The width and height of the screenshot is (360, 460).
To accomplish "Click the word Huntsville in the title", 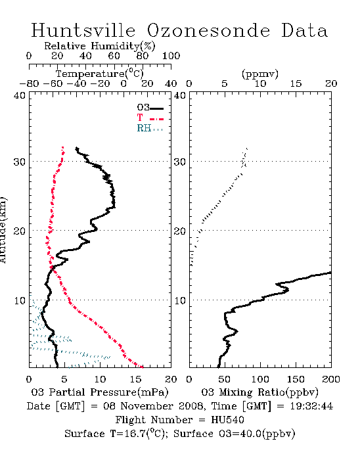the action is (83, 30).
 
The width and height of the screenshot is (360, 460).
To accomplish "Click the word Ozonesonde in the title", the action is (208, 30).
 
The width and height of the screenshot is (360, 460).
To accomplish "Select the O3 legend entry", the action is (150, 108).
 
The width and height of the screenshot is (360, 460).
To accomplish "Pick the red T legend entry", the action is (150, 118).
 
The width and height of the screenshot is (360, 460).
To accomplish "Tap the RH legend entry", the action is (150, 128).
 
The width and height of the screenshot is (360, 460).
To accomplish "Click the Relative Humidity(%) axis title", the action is (100, 46).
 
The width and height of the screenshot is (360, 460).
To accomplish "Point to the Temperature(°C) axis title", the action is (100, 74).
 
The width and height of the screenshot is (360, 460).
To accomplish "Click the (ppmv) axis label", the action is (260, 74).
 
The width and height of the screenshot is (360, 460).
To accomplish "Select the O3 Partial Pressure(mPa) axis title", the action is (100, 392).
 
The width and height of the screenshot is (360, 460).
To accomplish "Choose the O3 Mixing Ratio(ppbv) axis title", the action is (259, 392).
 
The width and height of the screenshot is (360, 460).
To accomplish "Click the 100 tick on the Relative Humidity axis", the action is (171, 56).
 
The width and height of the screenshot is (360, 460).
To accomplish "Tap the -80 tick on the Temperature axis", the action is (29, 83).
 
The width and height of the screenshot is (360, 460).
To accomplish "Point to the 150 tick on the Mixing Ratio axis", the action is (296, 379).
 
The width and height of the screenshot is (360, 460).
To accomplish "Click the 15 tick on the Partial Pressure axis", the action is (135, 379).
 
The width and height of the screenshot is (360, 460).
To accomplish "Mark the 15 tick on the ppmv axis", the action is (296, 83).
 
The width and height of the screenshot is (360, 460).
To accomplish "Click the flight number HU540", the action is (227, 420).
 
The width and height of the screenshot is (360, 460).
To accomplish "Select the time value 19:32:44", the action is (311, 406).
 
